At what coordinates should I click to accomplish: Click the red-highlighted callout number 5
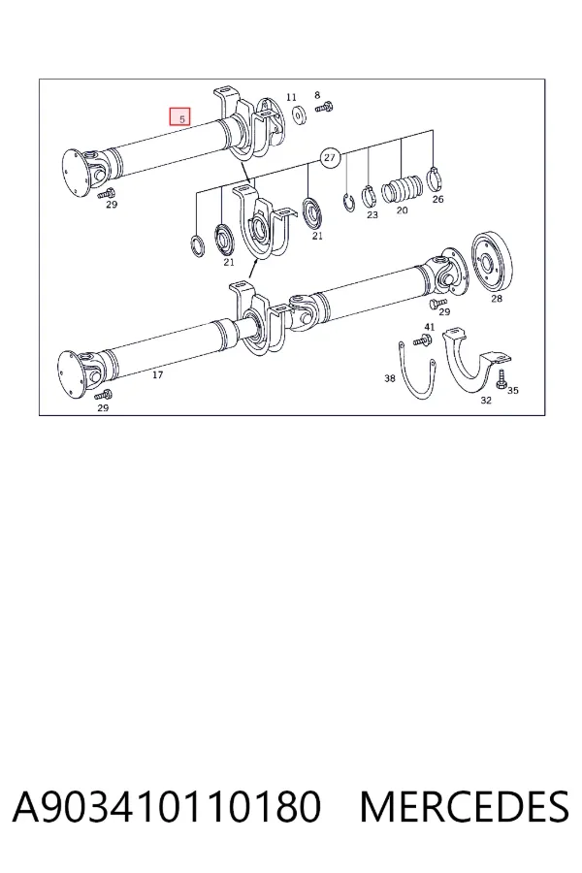coord(180,117)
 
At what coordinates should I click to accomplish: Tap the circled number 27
coord(330,157)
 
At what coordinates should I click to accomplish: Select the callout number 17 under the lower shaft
coord(157,374)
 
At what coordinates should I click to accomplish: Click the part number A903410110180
coord(167,806)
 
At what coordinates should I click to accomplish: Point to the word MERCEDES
coord(464,806)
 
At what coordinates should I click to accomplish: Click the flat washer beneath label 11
coord(300,114)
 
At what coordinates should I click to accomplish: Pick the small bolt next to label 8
coord(324,107)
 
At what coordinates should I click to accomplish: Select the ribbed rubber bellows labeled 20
coord(403,190)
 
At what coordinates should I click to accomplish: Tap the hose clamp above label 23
coord(369,195)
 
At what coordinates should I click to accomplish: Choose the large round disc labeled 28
coord(491,262)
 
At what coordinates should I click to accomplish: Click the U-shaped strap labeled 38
coord(417,372)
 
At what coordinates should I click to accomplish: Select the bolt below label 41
coord(422,339)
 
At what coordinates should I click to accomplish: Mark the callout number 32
coord(486,400)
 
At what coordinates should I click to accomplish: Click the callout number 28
coord(497,299)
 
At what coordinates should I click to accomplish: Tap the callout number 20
coord(403,210)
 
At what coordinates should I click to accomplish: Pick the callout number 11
coord(291,97)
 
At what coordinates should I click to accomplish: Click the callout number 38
coord(390,378)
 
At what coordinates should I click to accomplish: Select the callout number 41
coord(429,327)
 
